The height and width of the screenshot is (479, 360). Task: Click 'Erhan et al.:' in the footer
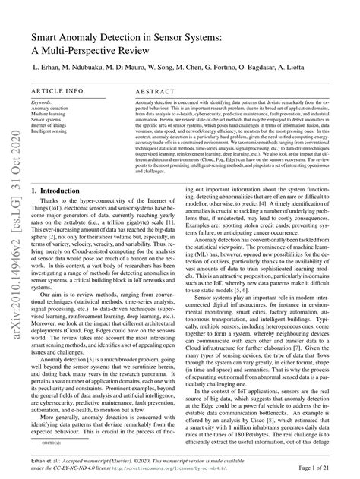coord(46,463)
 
